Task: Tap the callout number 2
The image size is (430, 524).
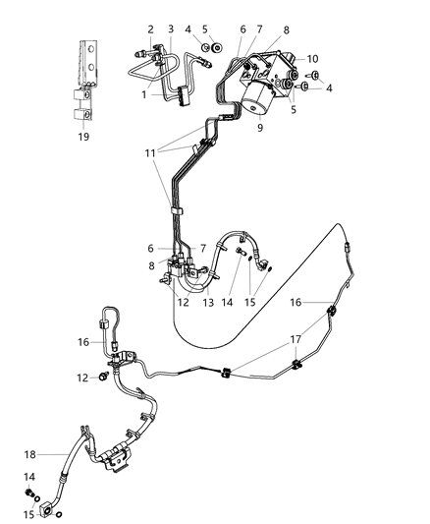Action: pyautogui.click(x=150, y=29)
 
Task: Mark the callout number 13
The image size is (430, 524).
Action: pyautogui.click(x=207, y=304)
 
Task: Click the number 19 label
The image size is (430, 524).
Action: pyautogui.click(x=83, y=137)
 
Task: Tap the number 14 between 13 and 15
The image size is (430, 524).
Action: pyautogui.click(x=229, y=304)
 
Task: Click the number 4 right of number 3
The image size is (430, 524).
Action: pyautogui.click(x=188, y=29)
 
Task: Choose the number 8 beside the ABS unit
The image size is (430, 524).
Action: pyautogui.click(x=287, y=30)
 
